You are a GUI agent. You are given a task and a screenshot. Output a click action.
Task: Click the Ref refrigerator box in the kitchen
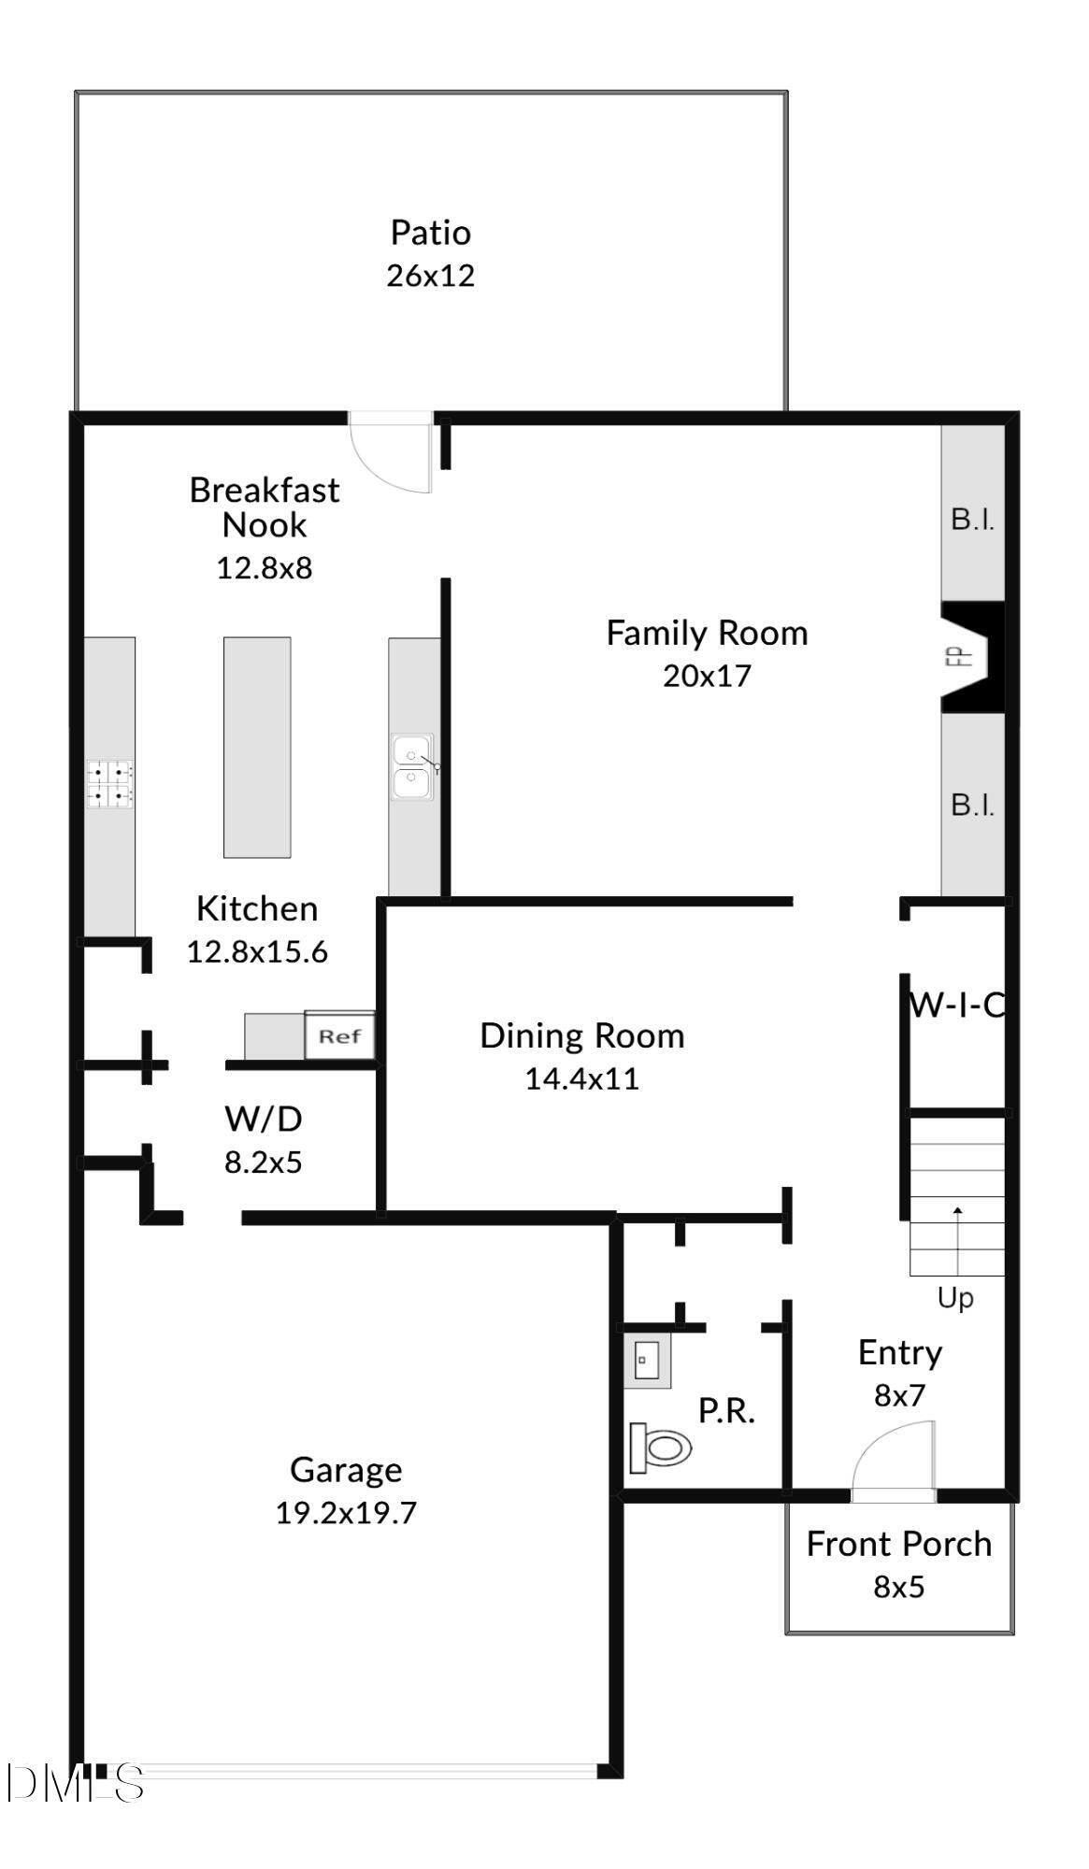[339, 1035]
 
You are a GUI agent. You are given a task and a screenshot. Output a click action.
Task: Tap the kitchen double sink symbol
[412, 767]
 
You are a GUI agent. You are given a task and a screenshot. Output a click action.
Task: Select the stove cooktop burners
[110, 784]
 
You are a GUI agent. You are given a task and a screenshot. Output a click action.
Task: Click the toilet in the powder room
[661, 1448]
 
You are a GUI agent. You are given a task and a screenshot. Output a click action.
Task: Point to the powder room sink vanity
[647, 1361]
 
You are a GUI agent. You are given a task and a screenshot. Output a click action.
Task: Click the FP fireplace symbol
[971, 657]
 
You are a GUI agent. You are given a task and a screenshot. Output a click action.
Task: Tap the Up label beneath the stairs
[955, 1298]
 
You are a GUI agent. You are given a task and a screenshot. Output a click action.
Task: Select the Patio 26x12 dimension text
[431, 276]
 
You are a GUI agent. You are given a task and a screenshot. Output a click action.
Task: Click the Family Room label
[707, 634]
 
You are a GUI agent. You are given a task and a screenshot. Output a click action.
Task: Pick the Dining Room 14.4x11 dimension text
[581, 1078]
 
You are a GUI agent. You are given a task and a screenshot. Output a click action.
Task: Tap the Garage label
[346, 1470]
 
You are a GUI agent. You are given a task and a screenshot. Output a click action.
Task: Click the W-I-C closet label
[956, 1006]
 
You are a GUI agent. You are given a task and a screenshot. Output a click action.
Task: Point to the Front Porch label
[898, 1545]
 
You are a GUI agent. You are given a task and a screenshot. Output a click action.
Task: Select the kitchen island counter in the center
[257, 747]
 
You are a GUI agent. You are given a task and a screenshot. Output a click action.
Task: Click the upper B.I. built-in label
[972, 520]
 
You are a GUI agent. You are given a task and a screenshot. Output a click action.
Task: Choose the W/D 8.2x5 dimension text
[263, 1163]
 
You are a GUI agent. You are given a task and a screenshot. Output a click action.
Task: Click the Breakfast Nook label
[264, 507]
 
